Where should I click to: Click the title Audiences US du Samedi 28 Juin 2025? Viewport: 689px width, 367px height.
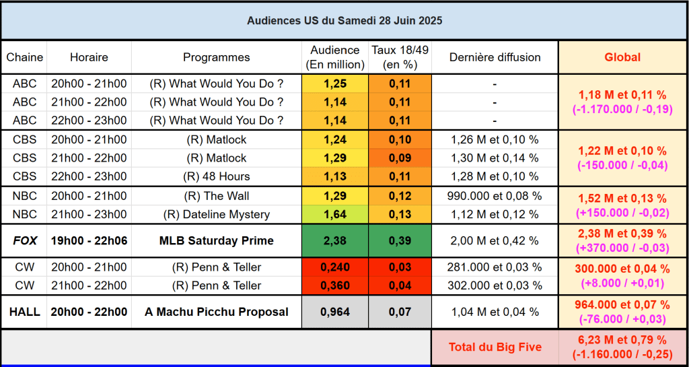tap(344, 21)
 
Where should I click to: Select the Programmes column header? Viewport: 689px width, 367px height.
tap(216, 57)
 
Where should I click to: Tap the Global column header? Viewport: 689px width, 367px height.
tap(622, 57)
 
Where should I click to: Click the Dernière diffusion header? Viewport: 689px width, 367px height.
tap(495, 57)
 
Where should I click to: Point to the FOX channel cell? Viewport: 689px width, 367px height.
tap(24, 240)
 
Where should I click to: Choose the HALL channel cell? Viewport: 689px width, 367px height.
tap(24, 312)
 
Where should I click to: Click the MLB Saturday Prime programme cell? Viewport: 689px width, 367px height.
tap(216, 240)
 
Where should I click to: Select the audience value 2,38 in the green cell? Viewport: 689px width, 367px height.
tap(334, 240)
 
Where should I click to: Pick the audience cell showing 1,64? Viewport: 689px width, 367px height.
tap(334, 214)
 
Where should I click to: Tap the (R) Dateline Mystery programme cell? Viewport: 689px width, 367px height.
tap(216, 214)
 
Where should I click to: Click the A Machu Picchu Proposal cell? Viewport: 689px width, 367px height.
tap(216, 312)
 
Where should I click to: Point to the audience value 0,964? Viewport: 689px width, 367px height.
tap(334, 312)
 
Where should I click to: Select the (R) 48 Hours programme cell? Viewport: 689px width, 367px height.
tap(216, 176)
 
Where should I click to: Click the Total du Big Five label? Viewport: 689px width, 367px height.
tap(495, 347)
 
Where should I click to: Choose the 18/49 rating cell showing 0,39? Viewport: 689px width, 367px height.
tap(400, 240)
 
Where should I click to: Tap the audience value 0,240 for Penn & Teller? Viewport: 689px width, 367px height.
tap(334, 267)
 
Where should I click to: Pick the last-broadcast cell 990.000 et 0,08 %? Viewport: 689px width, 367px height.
tap(495, 196)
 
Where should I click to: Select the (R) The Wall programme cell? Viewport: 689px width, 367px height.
tap(216, 196)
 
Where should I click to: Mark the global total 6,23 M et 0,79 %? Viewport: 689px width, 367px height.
tap(622, 340)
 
